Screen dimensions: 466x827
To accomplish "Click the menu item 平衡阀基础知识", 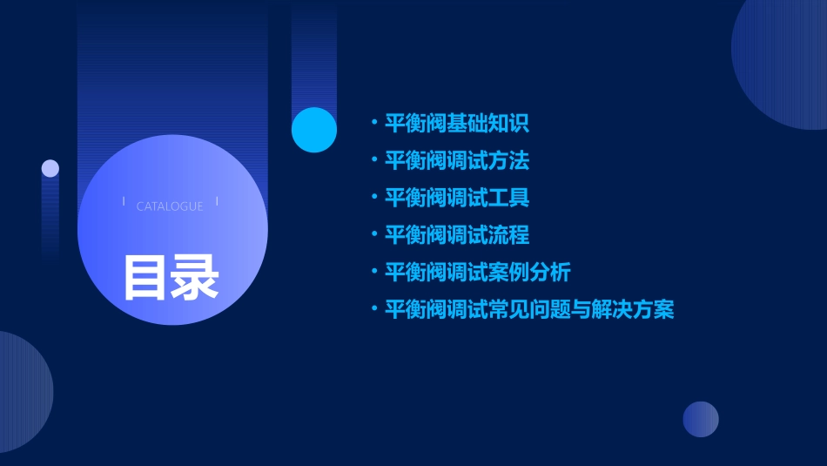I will coord(457,124).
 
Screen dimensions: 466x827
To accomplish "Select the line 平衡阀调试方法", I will coord(457,161).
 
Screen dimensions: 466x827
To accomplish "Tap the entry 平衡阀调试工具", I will coord(457,198).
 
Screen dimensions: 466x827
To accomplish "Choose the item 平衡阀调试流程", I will coord(457,235).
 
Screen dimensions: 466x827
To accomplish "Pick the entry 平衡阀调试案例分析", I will coord(477,272).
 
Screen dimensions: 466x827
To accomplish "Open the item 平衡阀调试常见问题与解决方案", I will coord(529,309).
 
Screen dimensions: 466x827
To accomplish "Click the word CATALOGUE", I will coord(170,206).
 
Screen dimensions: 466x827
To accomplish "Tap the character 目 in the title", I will coord(145,277).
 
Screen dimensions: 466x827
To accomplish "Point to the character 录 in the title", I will coord(194,277).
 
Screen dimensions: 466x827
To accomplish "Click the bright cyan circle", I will coord(314,130).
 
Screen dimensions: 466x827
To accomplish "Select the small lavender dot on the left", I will coord(50,168).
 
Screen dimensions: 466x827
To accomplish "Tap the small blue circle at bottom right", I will coord(701,419).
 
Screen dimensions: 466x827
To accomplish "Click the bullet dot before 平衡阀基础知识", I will coord(373,123).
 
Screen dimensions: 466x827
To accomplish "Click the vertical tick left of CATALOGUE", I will coord(124,201).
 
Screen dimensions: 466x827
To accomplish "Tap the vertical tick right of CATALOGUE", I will coord(217,201).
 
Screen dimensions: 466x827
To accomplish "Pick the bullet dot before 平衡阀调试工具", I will coord(373,197).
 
